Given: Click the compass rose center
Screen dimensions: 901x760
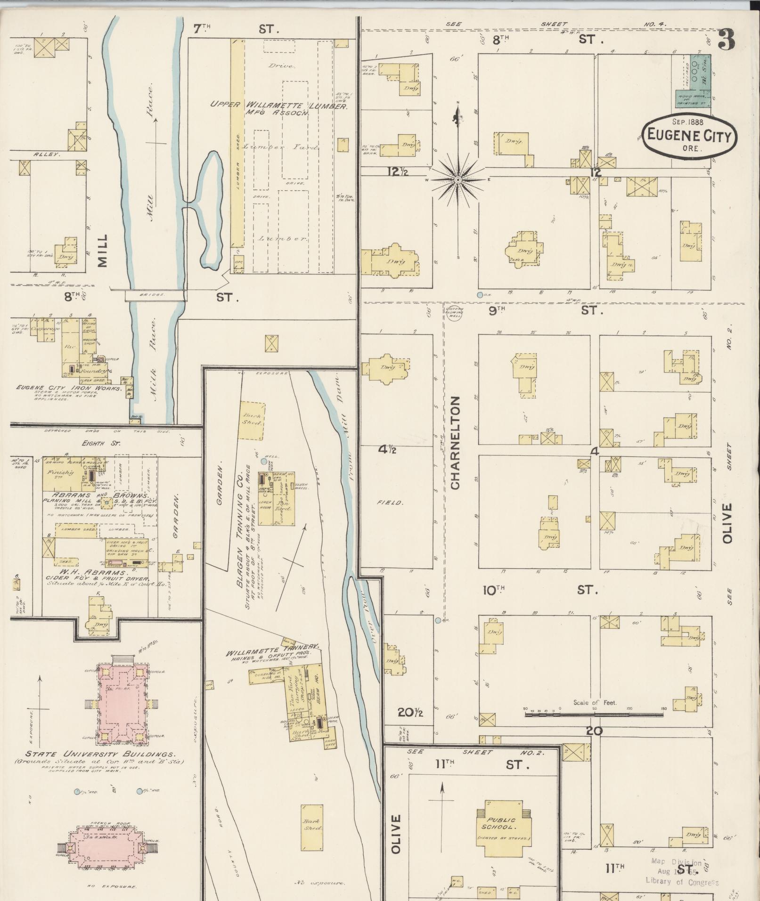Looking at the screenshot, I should (x=458, y=180).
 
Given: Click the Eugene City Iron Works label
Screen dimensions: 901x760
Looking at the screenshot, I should (x=69, y=389).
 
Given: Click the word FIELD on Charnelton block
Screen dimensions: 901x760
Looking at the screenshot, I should (x=390, y=503).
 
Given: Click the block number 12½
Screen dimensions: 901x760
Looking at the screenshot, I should (x=397, y=173).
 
